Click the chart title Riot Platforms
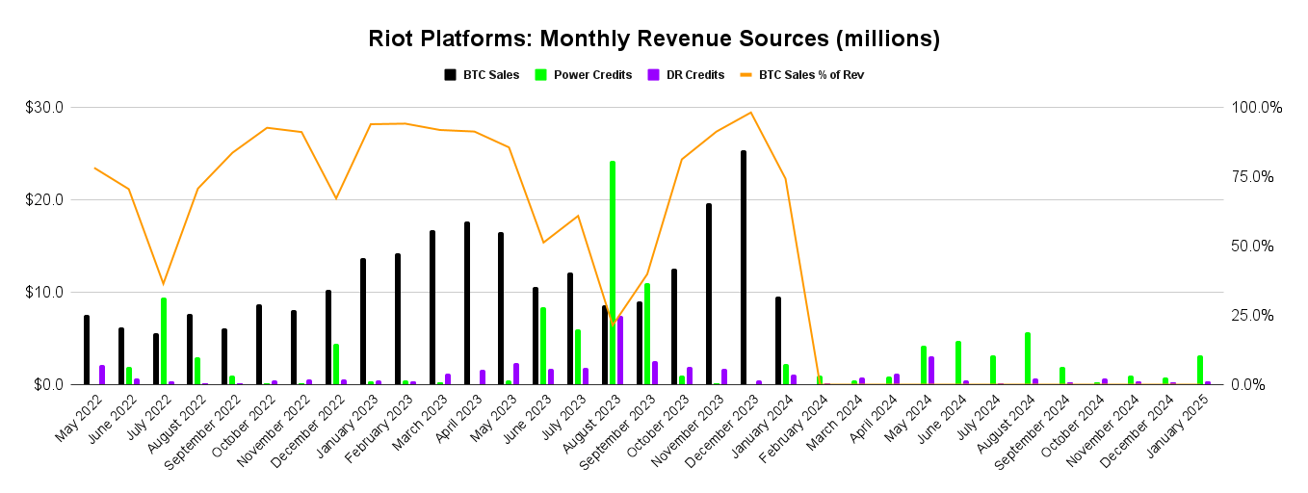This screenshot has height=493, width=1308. pos(653,39)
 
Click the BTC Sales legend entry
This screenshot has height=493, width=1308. pos(482,74)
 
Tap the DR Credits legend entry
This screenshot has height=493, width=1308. pos(686,74)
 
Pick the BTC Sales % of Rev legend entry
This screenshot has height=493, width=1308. pos(801,74)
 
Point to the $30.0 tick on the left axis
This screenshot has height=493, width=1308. pos(44,108)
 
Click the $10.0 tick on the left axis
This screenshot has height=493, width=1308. pos(44,293)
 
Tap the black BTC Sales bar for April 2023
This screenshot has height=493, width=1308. pos(467,303)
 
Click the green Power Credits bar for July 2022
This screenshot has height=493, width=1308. pos(164,341)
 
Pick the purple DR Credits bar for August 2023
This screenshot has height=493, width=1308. pos(620,350)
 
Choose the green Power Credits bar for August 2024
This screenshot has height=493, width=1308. pos(1028,358)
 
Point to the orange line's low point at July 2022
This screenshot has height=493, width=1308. pos(163,284)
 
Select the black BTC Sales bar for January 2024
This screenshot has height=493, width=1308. pos(778,341)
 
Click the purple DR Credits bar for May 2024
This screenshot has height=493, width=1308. pos(931,371)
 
